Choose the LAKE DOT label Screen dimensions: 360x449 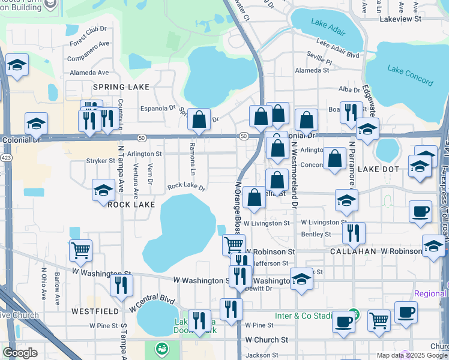point(378,170)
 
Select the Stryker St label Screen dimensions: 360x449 point(100,161)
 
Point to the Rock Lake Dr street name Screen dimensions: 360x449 point(186,187)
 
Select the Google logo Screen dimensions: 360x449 point(20,353)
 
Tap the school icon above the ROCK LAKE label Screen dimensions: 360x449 point(103,191)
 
